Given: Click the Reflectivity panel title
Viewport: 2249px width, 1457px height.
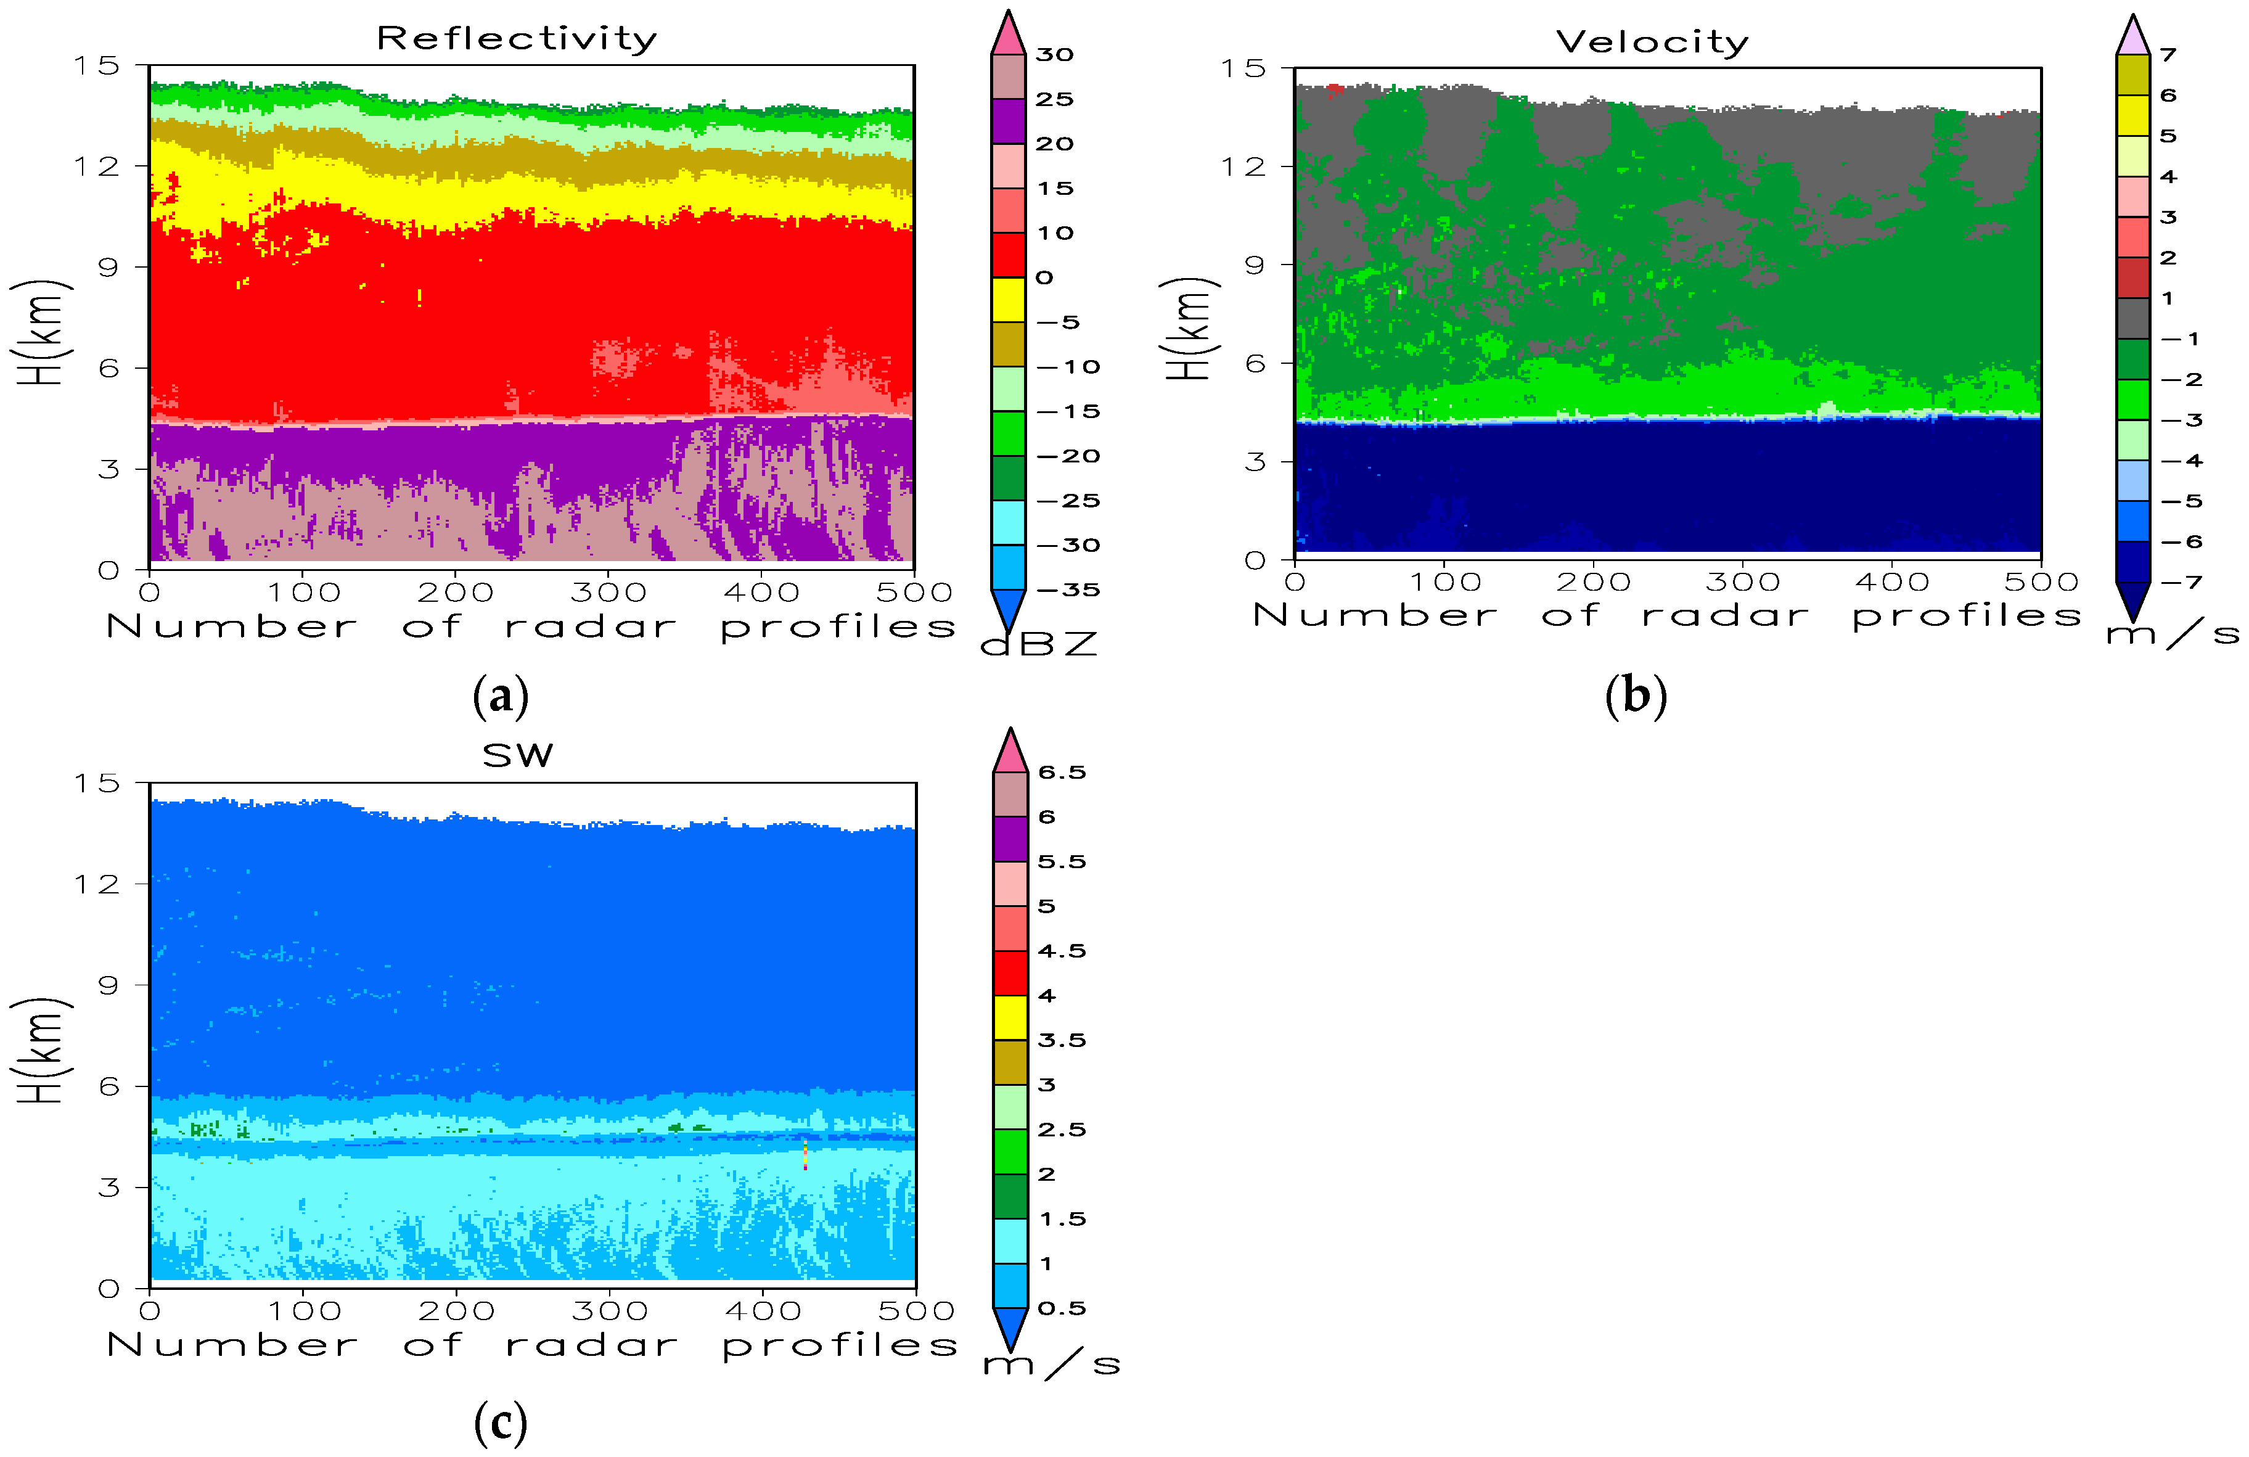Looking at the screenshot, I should (516, 39).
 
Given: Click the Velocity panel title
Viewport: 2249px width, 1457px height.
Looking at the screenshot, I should (1652, 41).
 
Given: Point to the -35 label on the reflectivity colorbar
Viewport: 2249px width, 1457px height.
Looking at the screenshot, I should (1068, 589).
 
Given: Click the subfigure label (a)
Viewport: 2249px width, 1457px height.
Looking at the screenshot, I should (500, 696).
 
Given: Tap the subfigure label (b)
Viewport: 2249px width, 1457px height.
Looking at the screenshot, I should (1636, 696).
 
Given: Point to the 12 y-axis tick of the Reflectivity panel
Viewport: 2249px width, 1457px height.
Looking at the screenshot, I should (97, 166).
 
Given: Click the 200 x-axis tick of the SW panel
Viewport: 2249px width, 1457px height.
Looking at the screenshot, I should (456, 1310).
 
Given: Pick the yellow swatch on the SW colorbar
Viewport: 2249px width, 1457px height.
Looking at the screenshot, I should (1010, 1017).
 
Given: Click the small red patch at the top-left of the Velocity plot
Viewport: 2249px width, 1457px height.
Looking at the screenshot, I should (1334, 90).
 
